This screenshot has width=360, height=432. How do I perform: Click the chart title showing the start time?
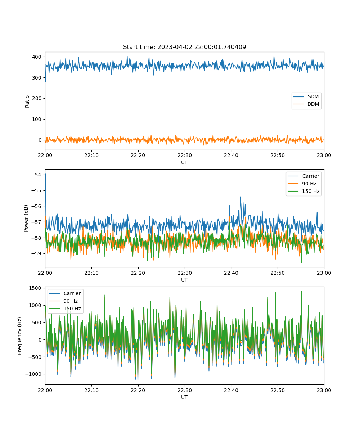point(184,47)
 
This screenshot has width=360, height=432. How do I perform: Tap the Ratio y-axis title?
point(27,102)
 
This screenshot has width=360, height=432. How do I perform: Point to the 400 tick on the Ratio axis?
point(37,57)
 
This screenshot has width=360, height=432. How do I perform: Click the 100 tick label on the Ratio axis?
point(37,119)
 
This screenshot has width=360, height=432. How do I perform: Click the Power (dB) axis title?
point(26,218)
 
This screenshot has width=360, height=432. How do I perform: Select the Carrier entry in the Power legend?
point(303,176)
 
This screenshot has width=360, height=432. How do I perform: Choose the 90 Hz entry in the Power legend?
point(302,184)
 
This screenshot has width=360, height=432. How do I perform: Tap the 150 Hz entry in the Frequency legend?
point(65,309)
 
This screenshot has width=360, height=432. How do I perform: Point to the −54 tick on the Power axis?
point(36,175)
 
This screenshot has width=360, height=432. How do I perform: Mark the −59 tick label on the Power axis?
point(36,253)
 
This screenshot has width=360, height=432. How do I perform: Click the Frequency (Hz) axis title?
point(20,336)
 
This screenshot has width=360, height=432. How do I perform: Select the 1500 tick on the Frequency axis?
point(35,288)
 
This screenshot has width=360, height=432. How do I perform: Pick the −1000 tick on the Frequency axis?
point(33,374)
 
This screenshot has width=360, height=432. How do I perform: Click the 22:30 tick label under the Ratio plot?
point(185,155)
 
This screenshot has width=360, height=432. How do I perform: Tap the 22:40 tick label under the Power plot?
point(231,273)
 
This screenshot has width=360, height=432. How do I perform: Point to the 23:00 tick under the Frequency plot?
point(324,390)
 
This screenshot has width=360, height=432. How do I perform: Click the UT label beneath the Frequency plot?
point(184,397)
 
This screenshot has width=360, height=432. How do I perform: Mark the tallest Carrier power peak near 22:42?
point(240,197)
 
